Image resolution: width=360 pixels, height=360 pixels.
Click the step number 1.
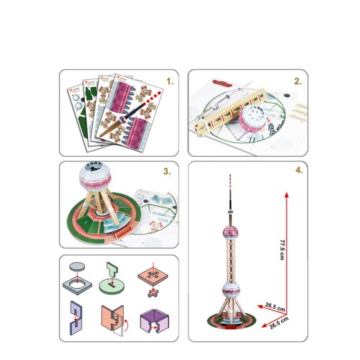click(170, 81)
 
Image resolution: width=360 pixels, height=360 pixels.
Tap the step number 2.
click(298, 81)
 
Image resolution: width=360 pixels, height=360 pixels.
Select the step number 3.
click(167, 171)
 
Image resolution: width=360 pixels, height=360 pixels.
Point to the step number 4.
click(299, 170)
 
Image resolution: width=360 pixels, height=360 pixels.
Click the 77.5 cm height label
click(282, 249)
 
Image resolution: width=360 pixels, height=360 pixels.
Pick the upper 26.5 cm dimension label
click(275, 307)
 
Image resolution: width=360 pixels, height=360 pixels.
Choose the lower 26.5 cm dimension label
click(279, 323)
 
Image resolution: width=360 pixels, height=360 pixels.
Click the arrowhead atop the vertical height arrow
click(287, 194)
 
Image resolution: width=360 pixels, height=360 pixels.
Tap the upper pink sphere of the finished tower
click(230, 233)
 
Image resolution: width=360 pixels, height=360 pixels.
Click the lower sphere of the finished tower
click(231, 290)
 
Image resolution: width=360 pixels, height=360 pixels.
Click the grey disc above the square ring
click(77, 266)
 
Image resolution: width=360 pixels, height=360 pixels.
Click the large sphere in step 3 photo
click(95, 176)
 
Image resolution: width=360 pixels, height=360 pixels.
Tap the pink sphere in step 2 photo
click(253, 119)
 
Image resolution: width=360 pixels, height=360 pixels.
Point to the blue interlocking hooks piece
click(76, 318)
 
